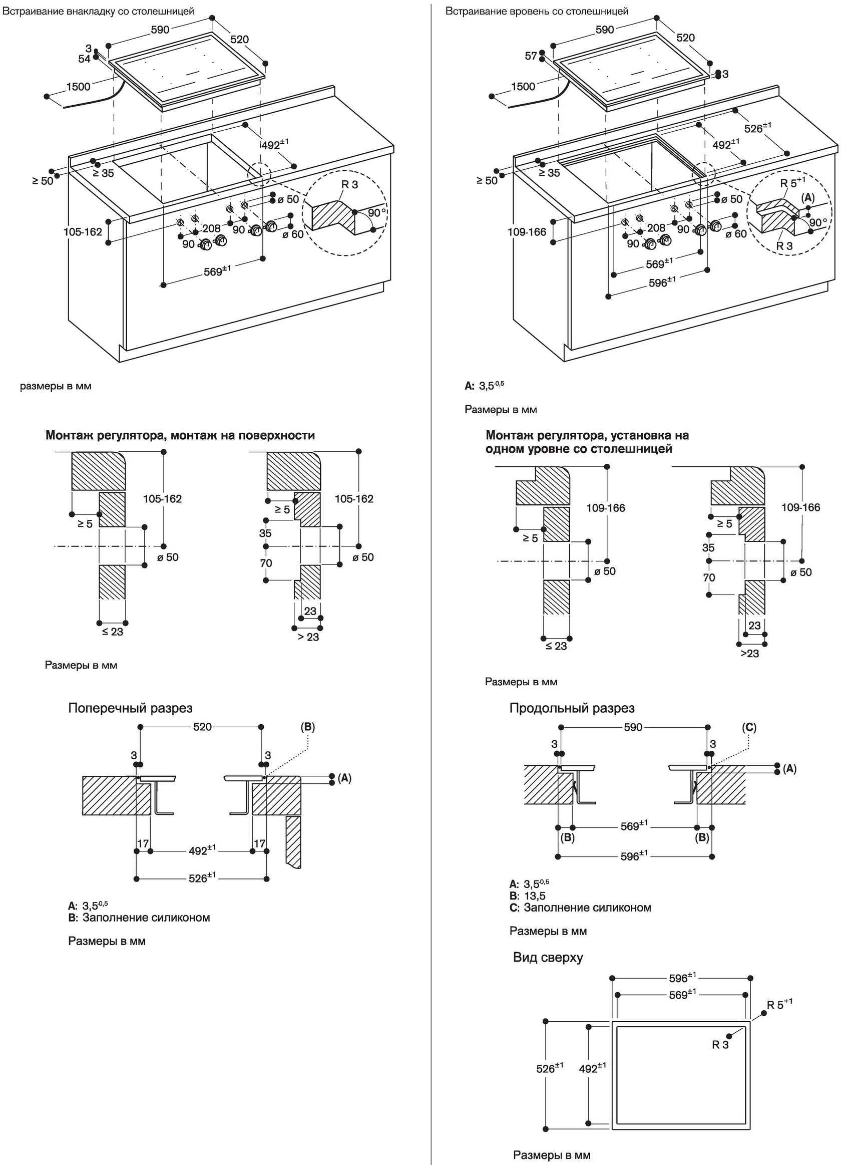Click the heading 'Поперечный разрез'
[x=131, y=708]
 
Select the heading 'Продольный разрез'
[x=572, y=708]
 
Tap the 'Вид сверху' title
[x=548, y=957]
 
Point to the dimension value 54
[x=84, y=59]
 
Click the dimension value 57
[x=531, y=56]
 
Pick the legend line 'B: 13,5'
[x=527, y=896]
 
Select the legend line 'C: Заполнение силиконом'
[x=580, y=907]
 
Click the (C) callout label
[x=749, y=727]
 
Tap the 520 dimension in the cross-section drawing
[x=202, y=727]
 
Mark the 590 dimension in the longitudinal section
[x=633, y=727]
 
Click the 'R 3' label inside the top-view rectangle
[x=720, y=1044]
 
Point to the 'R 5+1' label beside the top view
[x=779, y=1005]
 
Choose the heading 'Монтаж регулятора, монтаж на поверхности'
[x=180, y=435]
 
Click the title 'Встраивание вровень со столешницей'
[x=537, y=11]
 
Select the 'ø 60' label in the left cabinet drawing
[x=293, y=234]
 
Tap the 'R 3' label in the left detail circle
[x=349, y=184]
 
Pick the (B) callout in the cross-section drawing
[x=307, y=727]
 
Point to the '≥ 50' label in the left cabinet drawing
[x=43, y=181]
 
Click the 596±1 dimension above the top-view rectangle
[x=682, y=978]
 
